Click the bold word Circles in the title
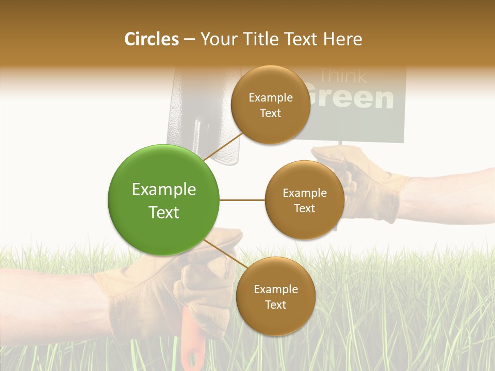(x=152, y=39)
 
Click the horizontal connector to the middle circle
(x=242, y=200)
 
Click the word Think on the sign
(x=342, y=76)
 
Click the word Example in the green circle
(x=163, y=190)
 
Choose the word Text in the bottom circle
(x=275, y=305)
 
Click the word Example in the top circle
(x=270, y=98)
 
